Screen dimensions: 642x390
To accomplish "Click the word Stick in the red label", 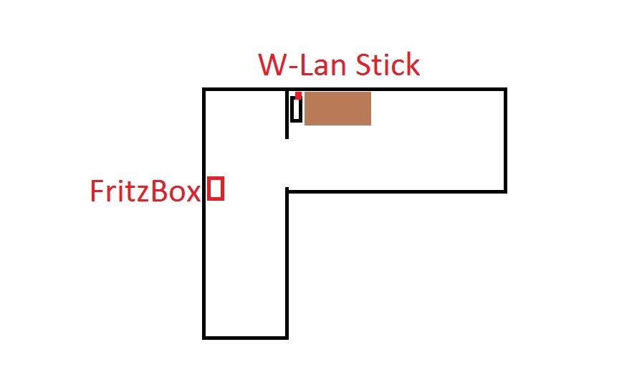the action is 384,65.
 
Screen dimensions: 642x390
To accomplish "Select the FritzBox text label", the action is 144,191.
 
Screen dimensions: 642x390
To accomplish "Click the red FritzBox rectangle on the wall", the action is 216,189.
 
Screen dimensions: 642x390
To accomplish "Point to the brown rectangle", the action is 337,108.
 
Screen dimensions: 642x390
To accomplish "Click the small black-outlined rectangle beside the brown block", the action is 295,109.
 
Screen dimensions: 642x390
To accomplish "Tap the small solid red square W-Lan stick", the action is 298,95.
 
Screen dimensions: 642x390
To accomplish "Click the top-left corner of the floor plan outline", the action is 204,90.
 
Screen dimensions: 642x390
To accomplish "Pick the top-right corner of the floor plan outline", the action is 505,90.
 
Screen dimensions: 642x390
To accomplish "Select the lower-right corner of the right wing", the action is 505,191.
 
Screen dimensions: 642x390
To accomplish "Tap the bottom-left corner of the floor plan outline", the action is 204,336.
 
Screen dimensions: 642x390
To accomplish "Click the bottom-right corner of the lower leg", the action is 287,336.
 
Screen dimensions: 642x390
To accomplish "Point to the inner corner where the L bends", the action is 287,191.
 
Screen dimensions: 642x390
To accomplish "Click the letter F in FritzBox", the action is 97,191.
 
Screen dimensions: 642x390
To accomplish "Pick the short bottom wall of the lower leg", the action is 246,336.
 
